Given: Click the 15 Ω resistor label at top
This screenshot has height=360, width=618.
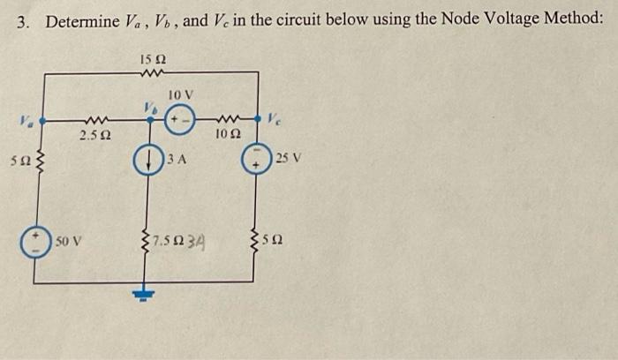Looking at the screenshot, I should coord(154,59).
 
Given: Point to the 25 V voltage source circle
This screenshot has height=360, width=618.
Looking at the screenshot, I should coord(256,161).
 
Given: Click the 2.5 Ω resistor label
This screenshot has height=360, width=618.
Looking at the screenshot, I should coord(94,136).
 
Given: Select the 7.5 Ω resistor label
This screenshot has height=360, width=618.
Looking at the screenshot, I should coord(164,240).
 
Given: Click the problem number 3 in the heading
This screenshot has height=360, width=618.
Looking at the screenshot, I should coord(24,19).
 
